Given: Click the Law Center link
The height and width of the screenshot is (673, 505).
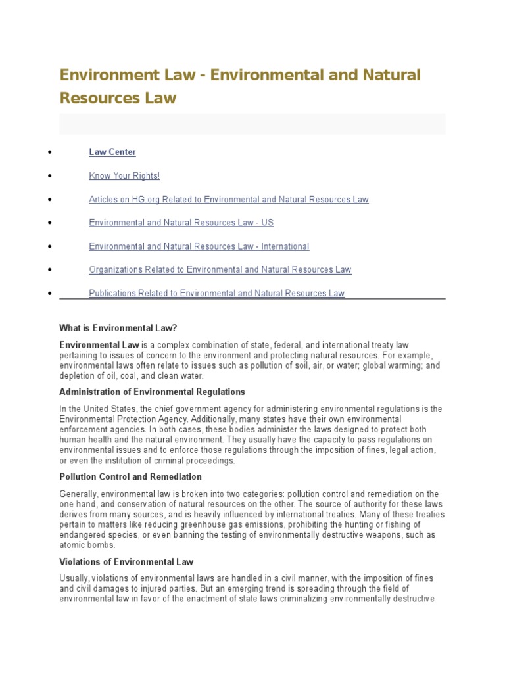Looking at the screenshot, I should coord(112,152).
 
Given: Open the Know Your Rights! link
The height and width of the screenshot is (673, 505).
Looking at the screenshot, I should coord(124,176).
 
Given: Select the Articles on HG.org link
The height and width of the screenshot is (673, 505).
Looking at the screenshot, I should coord(228,200).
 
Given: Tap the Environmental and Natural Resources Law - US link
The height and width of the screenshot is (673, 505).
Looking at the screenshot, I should coord(181,223).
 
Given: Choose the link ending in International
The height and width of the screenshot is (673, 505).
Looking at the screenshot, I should coord(199,246).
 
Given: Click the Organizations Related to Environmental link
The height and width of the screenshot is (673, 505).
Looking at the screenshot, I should coord(220,269).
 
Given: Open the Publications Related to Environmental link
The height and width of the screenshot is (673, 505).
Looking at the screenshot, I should coord(216,293).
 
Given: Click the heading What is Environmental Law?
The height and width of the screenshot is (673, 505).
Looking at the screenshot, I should coord(118,327).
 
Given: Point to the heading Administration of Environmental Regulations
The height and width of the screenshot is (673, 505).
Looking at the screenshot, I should coord(152,392).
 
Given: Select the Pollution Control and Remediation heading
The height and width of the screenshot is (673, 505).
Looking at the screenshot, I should coord(130,476).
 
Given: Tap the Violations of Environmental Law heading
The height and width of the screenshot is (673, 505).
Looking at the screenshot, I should coord(126,561).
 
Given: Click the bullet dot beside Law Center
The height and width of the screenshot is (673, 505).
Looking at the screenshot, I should coord(50,152).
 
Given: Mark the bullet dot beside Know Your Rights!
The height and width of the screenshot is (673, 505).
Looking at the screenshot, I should coord(50,176).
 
